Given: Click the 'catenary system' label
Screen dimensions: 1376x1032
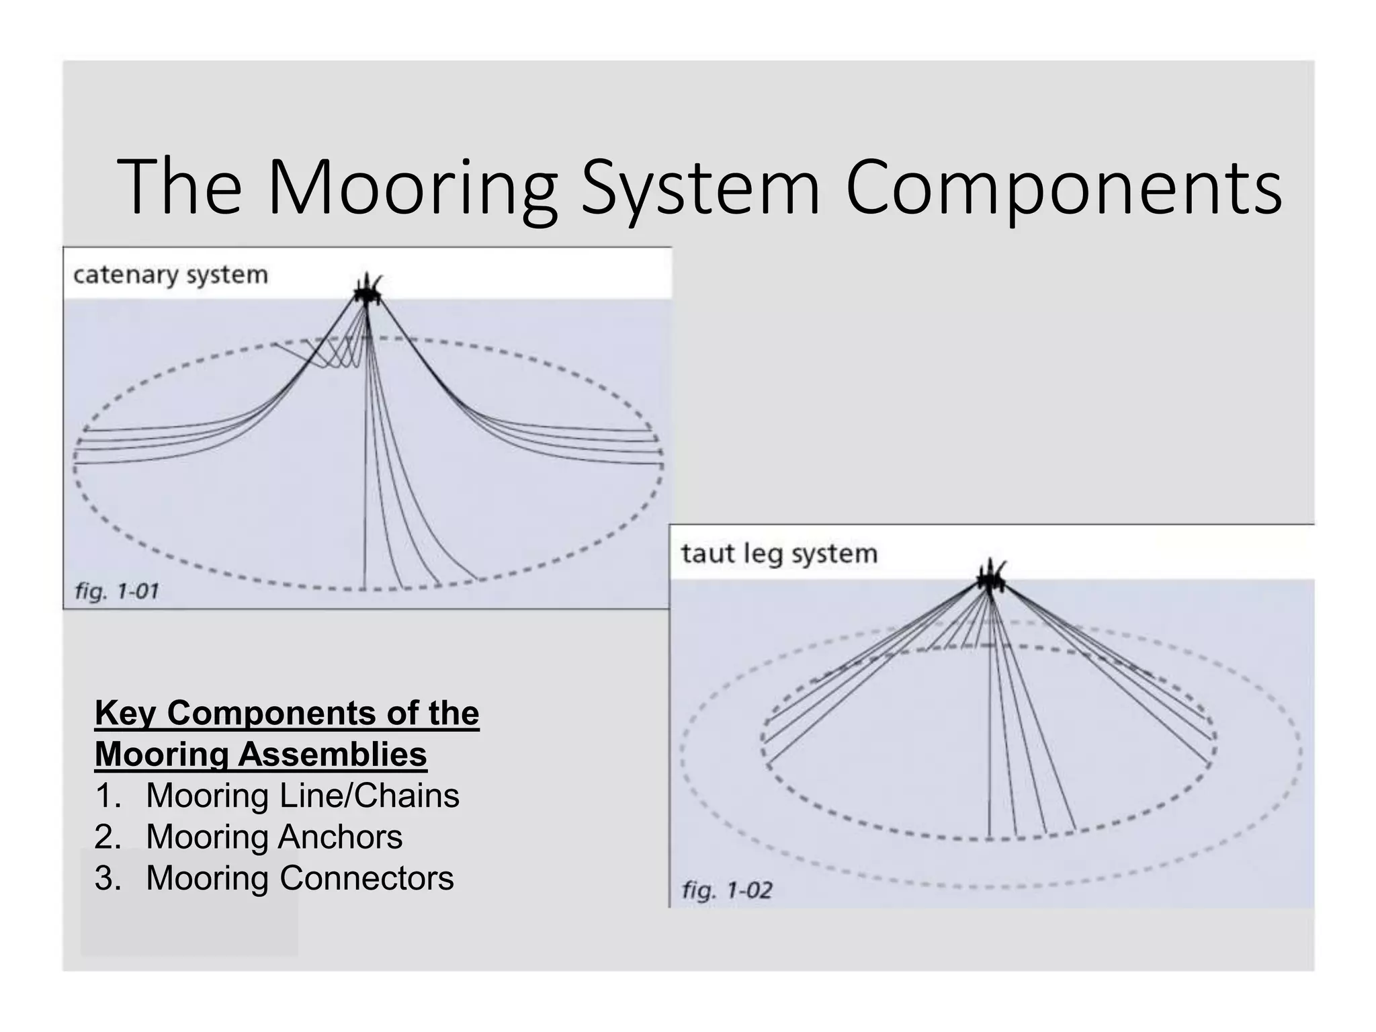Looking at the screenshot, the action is (171, 275).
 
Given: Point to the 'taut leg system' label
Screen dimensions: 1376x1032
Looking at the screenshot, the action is (779, 554).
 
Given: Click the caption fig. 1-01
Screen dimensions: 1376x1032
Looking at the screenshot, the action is (117, 591).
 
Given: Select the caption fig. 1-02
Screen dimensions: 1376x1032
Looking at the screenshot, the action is (727, 890).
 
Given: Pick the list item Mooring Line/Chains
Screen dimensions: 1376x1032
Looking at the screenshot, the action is (302, 795).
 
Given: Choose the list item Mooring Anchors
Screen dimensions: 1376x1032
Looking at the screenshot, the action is (274, 837).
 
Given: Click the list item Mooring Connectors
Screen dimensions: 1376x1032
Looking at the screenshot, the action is (300, 878).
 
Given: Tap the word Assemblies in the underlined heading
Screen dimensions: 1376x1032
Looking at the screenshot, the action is (332, 754).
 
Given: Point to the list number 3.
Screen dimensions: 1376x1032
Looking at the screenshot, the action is (107, 878).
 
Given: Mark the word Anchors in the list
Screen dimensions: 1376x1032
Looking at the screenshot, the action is (340, 837).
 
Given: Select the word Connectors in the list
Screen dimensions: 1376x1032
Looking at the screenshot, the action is (366, 878).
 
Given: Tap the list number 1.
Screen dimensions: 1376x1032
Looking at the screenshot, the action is (107, 795).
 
